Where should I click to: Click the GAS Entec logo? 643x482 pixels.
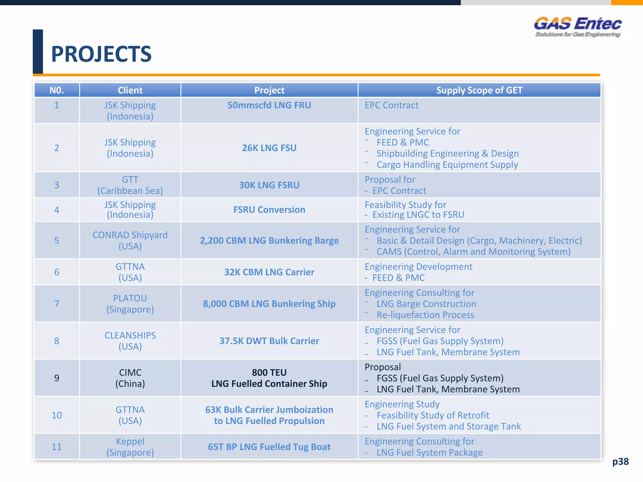[577, 27]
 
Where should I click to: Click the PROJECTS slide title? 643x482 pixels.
[101, 54]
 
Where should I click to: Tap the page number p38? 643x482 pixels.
[620, 461]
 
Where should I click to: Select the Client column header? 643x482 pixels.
[130, 90]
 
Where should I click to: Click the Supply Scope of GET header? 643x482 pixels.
[479, 90]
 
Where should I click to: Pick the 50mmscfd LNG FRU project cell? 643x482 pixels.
[269, 105]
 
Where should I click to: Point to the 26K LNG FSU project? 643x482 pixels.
[269, 148]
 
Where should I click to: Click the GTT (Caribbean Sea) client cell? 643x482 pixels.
[130, 185]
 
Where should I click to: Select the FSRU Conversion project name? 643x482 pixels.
[269, 210]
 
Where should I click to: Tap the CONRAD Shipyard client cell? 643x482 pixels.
[130, 240]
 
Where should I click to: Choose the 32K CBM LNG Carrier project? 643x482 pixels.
[269, 272]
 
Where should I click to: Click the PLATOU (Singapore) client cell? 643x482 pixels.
[130, 303]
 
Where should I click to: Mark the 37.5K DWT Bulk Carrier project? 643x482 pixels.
[269, 341]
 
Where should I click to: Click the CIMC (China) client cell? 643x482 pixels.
[130, 378]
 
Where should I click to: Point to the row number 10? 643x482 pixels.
[57, 415]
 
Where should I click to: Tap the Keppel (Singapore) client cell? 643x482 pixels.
[130, 447]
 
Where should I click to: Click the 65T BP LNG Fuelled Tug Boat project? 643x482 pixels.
[269, 447]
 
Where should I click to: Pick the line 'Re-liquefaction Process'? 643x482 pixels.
[425, 315]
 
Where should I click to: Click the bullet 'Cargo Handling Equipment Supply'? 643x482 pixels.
[447, 165]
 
